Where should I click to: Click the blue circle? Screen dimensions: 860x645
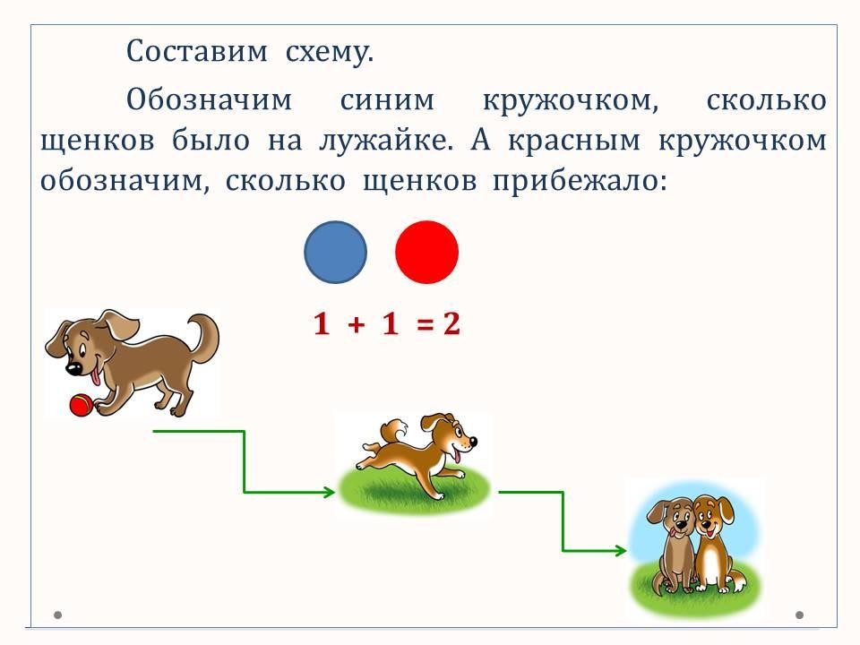(x=335, y=253)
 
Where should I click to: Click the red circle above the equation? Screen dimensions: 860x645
(x=426, y=253)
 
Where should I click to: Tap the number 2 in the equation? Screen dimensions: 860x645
(x=451, y=323)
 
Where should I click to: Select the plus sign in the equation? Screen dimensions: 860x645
(x=357, y=324)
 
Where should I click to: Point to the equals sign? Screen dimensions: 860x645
(x=425, y=324)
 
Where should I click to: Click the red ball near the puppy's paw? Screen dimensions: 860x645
(x=81, y=406)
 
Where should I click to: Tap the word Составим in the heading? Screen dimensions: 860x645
(x=197, y=52)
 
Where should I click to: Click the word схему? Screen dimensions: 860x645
(x=329, y=53)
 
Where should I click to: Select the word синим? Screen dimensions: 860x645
(x=387, y=100)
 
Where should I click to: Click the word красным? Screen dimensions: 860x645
(x=574, y=142)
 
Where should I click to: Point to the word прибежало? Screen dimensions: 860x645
(x=580, y=182)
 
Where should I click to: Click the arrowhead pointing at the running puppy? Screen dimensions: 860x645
(x=329, y=492)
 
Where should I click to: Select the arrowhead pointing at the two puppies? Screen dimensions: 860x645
(x=620, y=550)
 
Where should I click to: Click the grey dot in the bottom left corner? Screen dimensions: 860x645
(x=57, y=615)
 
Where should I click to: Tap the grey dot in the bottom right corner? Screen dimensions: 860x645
(x=799, y=615)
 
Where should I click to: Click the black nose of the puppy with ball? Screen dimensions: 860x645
(x=73, y=367)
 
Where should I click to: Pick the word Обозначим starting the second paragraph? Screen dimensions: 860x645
(x=209, y=100)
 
